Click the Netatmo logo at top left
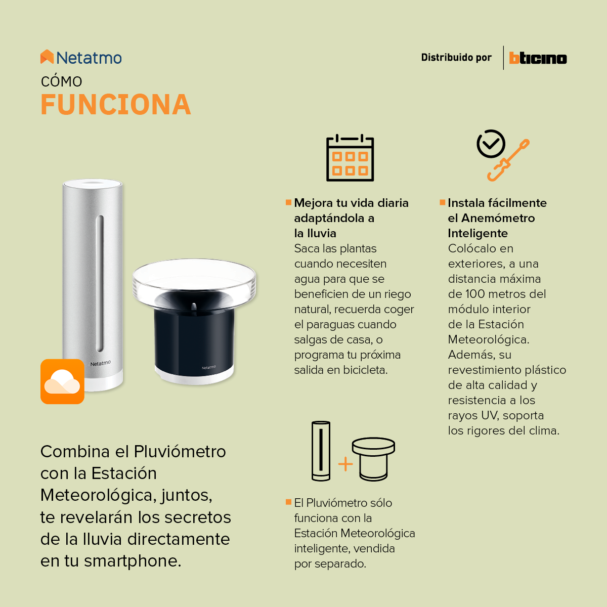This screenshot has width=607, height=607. (81, 58)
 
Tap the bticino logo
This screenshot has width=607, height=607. (538, 58)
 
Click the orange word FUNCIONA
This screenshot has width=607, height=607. (116, 105)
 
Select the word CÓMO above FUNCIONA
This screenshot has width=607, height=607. (61, 81)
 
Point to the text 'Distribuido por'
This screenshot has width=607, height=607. (456, 58)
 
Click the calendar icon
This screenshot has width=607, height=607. (350, 158)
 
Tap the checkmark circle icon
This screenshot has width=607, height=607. (491, 144)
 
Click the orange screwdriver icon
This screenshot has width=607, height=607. (509, 161)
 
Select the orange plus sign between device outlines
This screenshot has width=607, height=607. (345, 464)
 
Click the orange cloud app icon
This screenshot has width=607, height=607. (62, 381)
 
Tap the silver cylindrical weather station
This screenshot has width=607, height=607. (93, 283)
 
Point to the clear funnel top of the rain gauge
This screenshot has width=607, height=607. (194, 281)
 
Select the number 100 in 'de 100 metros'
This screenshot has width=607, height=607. (475, 294)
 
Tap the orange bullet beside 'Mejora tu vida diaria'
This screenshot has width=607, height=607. (289, 202)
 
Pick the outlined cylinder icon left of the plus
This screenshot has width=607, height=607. (321, 451)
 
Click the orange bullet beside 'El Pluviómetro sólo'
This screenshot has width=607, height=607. (289, 502)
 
